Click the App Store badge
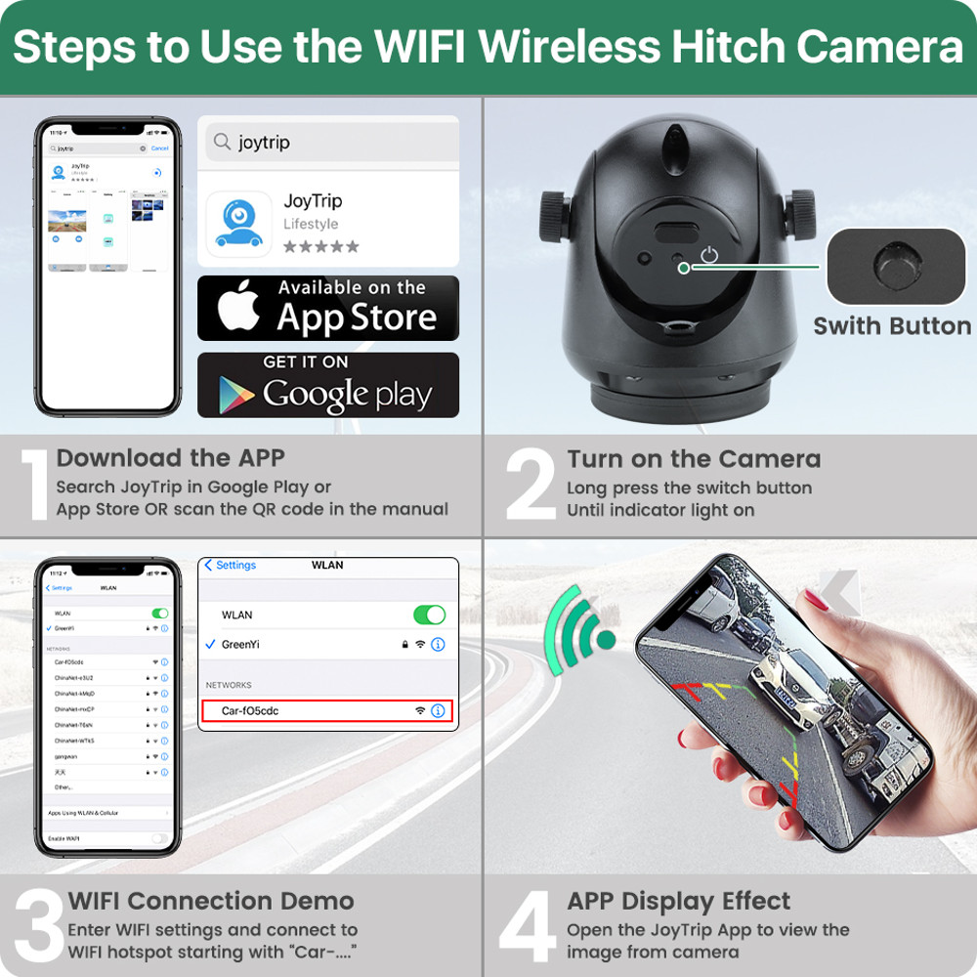coord(328,308)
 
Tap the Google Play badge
coord(328,385)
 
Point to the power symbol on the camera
coord(709,256)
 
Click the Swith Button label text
coord(892,326)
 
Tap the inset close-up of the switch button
coord(896,266)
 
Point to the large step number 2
coord(531,486)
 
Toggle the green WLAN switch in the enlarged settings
coord(429,615)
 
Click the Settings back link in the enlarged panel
coord(231,566)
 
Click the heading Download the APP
coord(171,458)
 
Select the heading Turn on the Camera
coord(694,459)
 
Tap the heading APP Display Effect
coord(679,901)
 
